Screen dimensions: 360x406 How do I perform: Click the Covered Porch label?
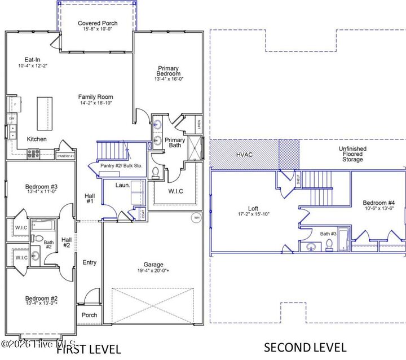coord(98,23)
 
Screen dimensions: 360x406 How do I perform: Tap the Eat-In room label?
coord(32,59)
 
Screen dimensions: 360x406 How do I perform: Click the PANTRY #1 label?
coord(65,156)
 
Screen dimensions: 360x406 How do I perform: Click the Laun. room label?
coord(123,185)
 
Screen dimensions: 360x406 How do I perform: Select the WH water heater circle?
coord(196,217)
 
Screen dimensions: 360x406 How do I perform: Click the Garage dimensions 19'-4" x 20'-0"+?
coord(153,271)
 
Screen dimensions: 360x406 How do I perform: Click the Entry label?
coord(90,262)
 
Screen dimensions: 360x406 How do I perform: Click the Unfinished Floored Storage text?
coord(352,154)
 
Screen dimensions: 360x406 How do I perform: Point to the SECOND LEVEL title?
coord(305,346)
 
